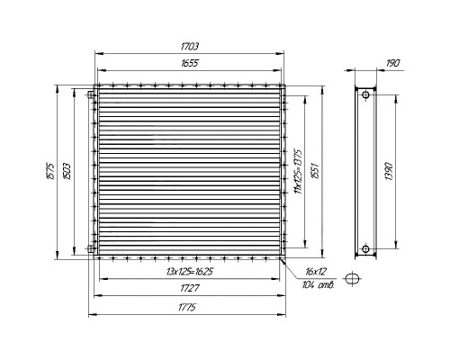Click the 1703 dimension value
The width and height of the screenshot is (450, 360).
[190, 47]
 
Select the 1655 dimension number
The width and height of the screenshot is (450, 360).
[190, 63]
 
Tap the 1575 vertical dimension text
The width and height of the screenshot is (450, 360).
[50, 171]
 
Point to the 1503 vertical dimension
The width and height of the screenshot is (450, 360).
[67, 171]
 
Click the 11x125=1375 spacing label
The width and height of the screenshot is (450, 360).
[298, 171]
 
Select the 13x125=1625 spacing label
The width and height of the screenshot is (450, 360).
[190, 272]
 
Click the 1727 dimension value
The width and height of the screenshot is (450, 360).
[190, 288]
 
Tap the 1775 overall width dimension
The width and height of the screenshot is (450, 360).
[187, 308]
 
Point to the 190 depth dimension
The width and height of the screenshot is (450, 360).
[393, 63]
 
